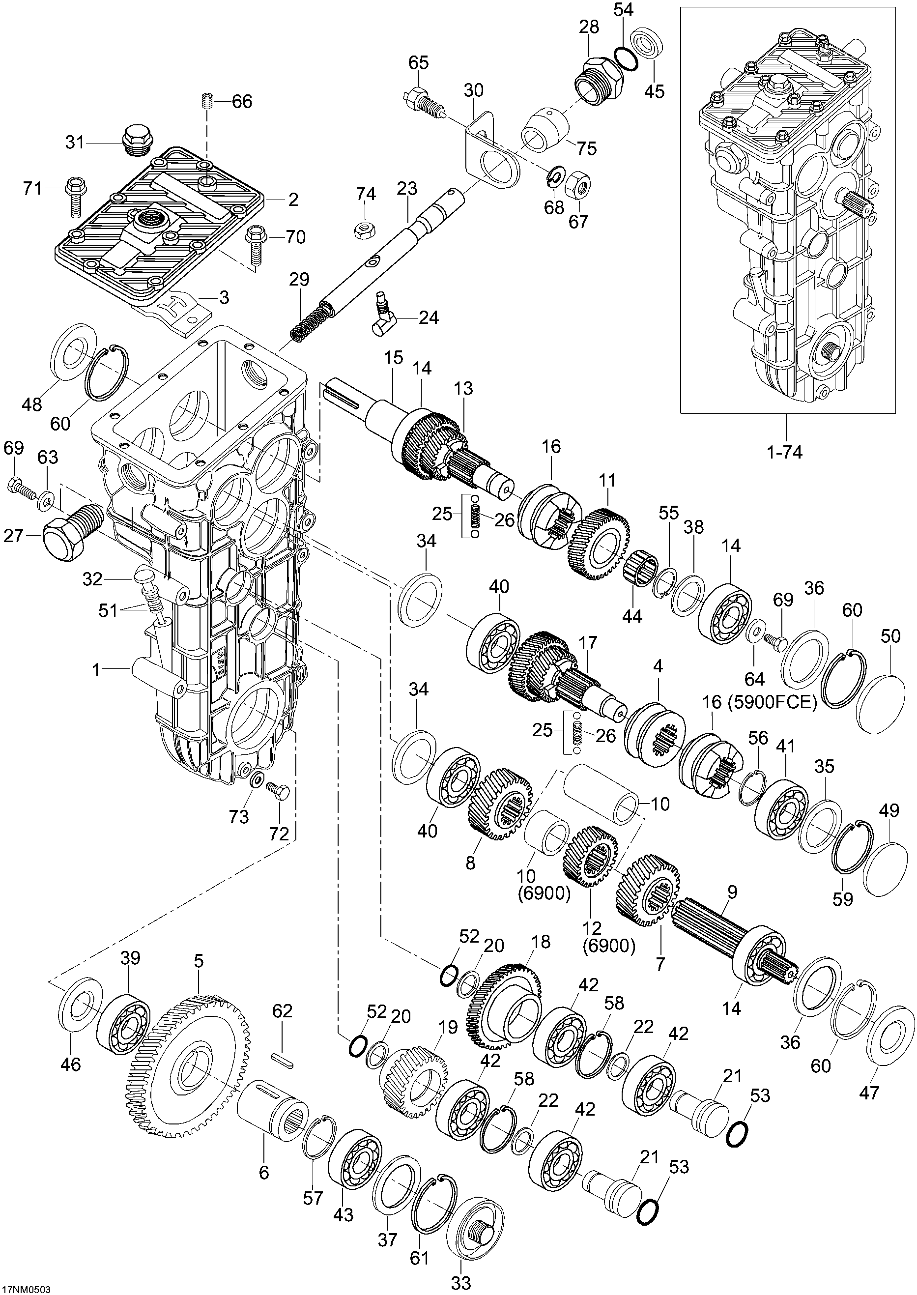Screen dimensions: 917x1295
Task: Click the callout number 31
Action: [75, 143]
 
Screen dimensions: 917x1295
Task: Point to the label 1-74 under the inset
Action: [785, 452]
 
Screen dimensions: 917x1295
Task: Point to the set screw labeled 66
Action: [206, 102]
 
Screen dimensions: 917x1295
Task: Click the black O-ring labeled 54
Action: [626, 58]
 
